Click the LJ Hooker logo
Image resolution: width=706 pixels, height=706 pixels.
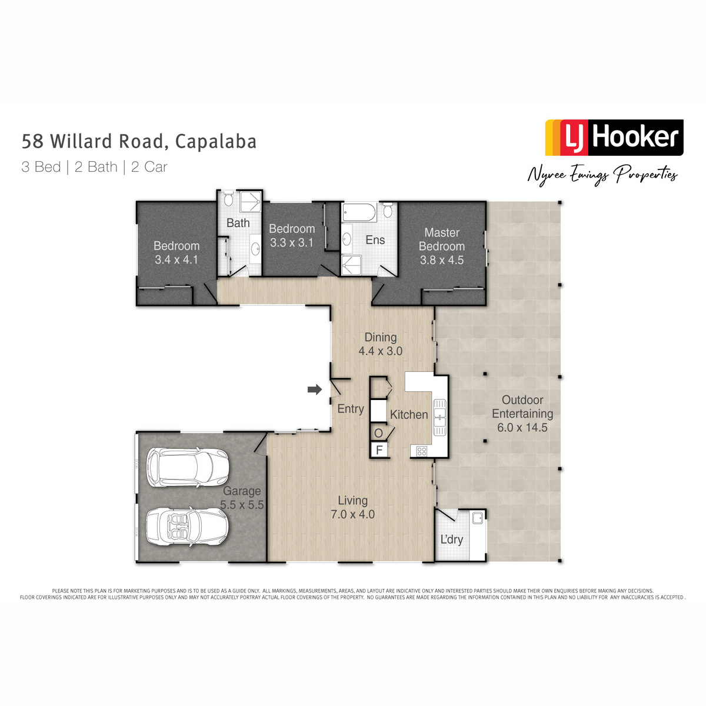(614, 138)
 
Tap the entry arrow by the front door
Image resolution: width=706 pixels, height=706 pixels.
(314, 389)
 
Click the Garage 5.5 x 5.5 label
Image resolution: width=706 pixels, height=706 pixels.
(242, 498)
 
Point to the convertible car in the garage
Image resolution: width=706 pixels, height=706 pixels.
(187, 527)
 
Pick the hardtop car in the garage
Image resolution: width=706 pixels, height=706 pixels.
(188, 467)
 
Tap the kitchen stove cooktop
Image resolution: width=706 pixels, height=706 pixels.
(421, 451)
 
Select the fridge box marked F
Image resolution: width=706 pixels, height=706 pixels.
(379, 449)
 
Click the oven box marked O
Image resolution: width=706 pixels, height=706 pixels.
(378, 432)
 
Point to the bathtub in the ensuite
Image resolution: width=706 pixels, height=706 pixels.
(359, 212)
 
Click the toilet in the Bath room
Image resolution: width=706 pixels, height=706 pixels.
(228, 199)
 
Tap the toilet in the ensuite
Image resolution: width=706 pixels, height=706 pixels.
(388, 209)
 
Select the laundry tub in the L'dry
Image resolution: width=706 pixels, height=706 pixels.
(477, 518)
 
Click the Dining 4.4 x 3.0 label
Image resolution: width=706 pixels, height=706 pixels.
(380, 344)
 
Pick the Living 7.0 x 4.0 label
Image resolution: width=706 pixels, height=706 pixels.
(352, 507)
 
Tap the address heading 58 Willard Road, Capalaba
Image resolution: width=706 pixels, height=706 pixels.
(139, 141)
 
